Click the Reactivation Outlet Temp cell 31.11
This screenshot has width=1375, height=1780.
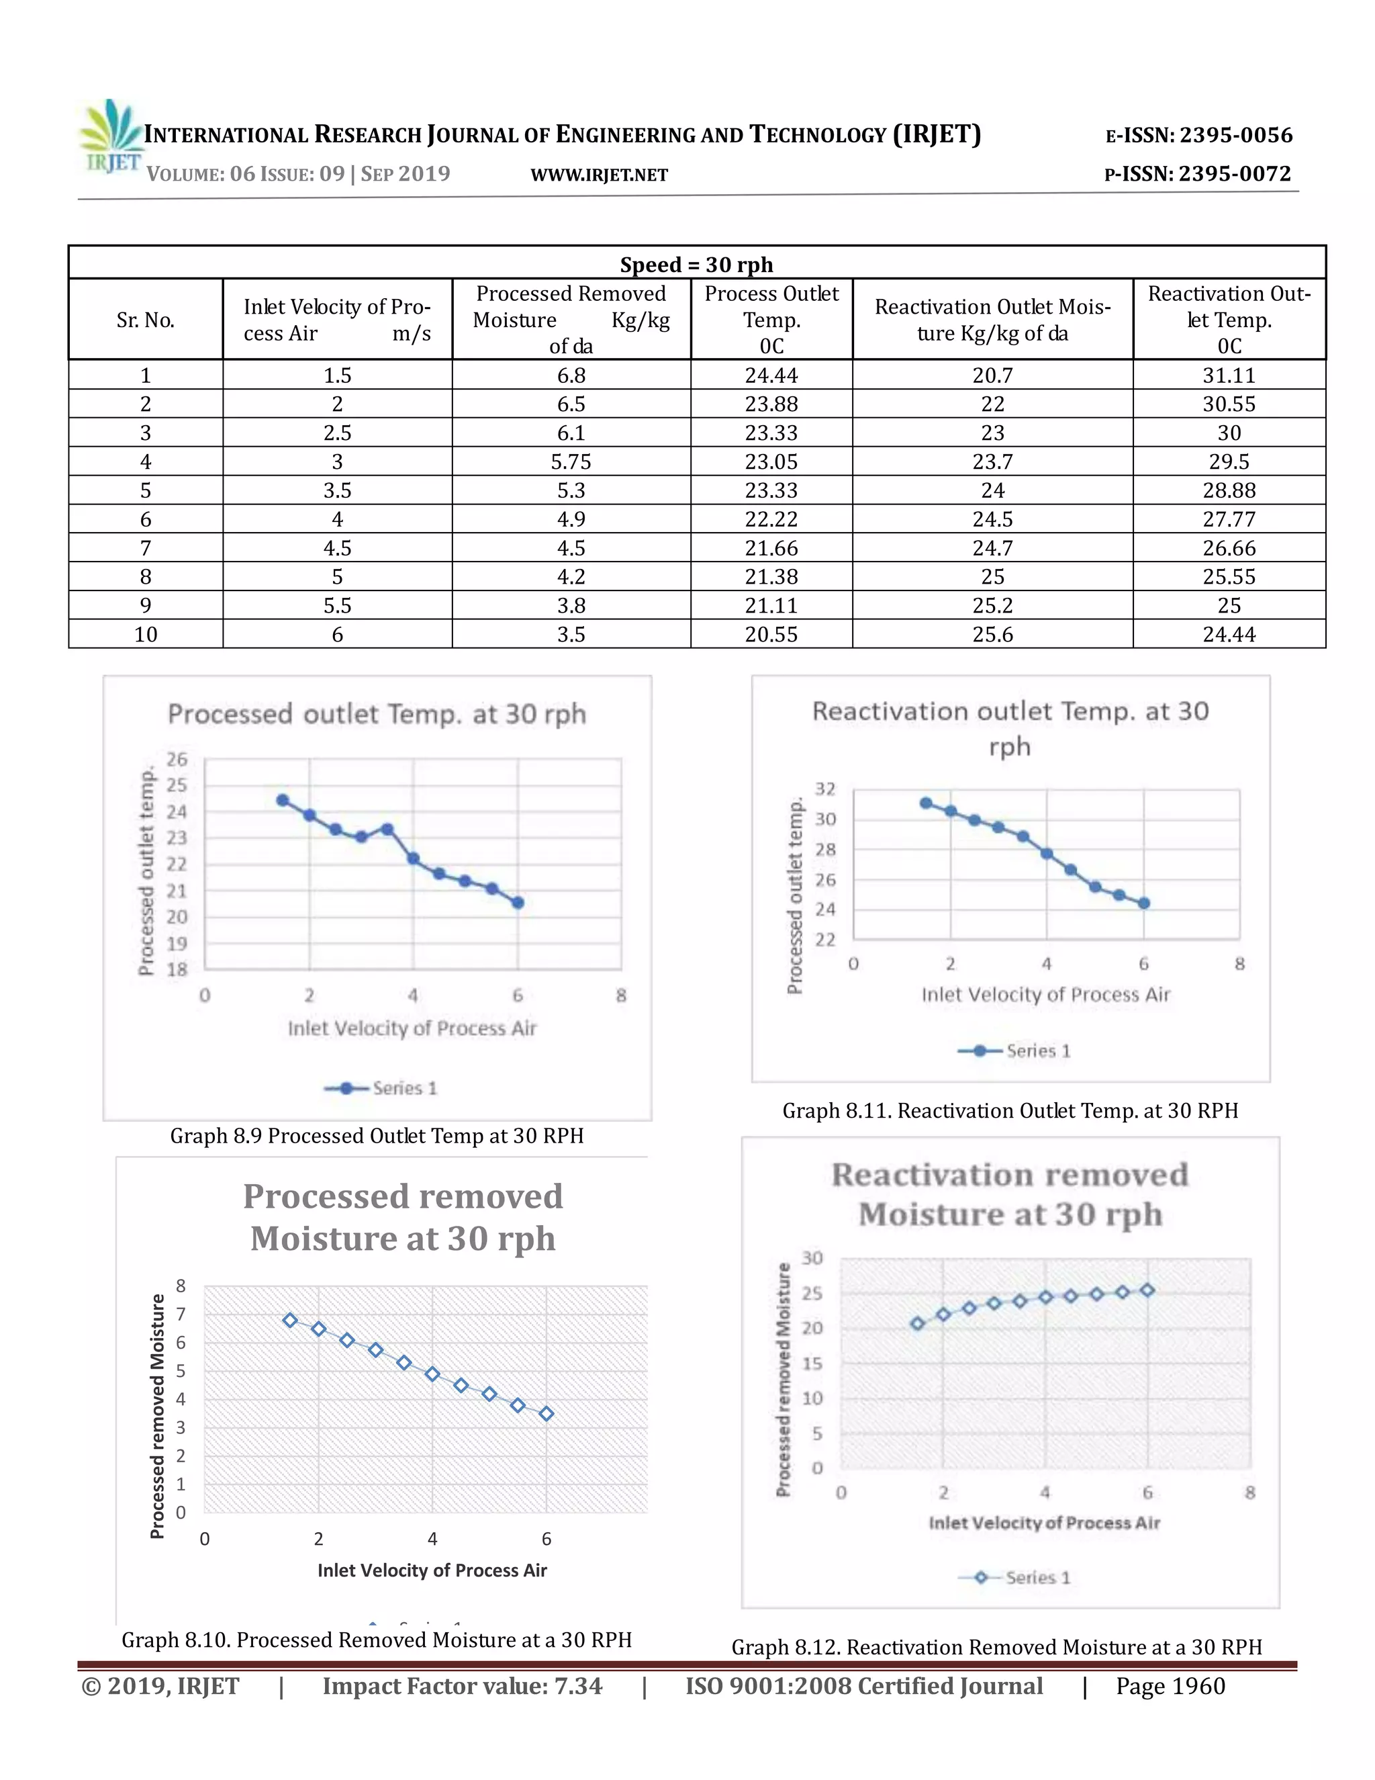(1229, 375)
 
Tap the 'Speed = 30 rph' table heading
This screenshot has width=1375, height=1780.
(696, 264)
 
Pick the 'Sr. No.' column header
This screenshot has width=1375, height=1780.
(145, 320)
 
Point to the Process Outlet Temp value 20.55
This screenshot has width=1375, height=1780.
(771, 634)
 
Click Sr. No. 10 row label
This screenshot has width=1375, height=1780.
(145, 634)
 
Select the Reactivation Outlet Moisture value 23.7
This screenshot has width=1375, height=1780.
(992, 462)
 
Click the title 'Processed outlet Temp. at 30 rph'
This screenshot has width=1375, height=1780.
(377, 714)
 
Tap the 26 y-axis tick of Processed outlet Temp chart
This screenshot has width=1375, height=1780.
(177, 760)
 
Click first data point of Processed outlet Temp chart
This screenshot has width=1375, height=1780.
(283, 801)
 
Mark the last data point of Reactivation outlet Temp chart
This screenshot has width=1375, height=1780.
(1143, 903)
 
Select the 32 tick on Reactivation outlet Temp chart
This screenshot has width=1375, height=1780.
(825, 789)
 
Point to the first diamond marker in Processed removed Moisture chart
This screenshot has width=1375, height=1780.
(290, 1321)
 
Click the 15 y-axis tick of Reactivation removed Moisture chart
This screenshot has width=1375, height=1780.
(812, 1364)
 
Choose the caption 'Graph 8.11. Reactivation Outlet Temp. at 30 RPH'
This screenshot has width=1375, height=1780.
(1010, 1111)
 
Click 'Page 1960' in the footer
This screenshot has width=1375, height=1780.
(1170, 1685)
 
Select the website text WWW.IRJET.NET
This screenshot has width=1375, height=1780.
(599, 175)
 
